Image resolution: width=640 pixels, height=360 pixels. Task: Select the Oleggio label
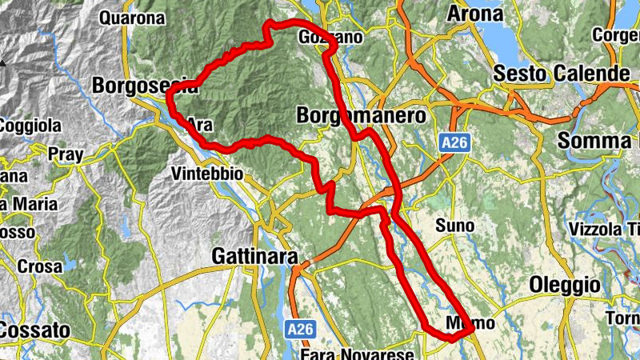pyautogui.click(x=565, y=285)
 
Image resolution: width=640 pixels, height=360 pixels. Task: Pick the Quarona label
pyautogui.click(x=133, y=16)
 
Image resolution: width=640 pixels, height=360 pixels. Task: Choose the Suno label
pyautogui.click(x=454, y=226)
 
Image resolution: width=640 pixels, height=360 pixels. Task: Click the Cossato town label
pyautogui.click(x=34, y=330)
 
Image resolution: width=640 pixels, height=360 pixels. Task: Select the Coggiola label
pyautogui.click(x=30, y=126)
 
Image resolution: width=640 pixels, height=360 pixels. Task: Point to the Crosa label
pyautogui.click(x=40, y=266)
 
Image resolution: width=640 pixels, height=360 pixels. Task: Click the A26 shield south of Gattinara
pyautogui.click(x=301, y=329)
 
